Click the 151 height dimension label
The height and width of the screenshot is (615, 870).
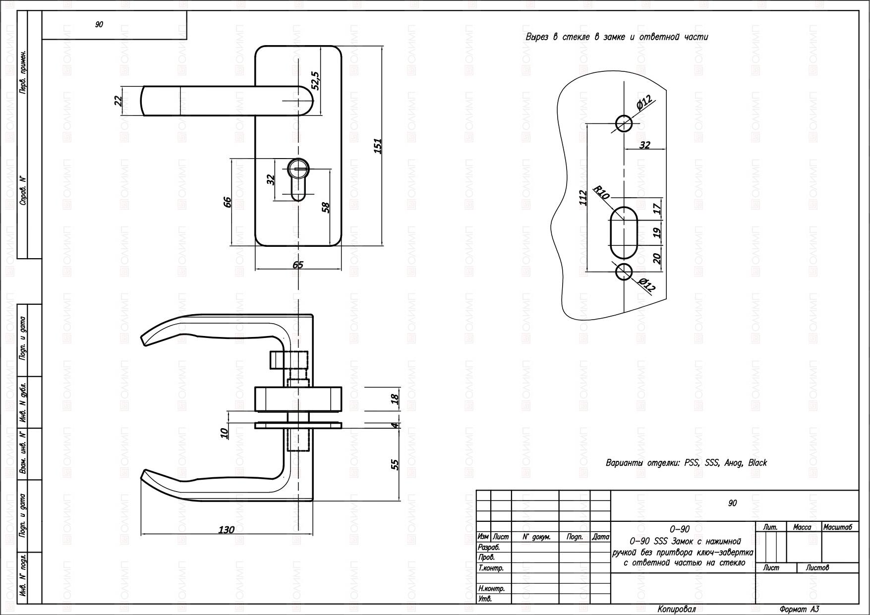(x=378, y=146)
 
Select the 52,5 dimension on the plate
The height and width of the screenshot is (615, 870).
(x=315, y=81)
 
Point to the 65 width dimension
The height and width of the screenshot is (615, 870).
(x=298, y=265)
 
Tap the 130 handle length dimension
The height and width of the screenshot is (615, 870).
(x=227, y=530)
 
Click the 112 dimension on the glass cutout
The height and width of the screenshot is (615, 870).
(x=583, y=197)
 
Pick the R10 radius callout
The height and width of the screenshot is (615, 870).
(x=601, y=193)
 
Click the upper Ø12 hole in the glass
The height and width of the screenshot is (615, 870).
(x=624, y=123)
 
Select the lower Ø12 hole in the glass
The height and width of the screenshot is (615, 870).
(x=624, y=272)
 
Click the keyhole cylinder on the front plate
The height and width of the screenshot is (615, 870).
(x=298, y=179)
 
